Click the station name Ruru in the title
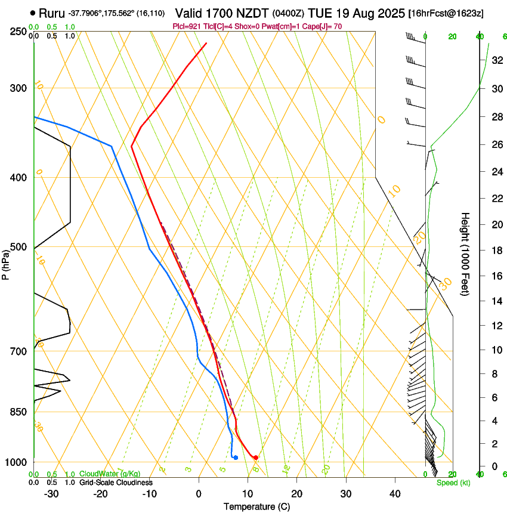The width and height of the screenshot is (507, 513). [x=52, y=13]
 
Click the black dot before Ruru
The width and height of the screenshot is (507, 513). [x=32, y=13]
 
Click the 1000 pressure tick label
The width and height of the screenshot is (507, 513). [x=14, y=462]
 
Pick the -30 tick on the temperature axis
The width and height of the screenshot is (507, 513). [x=51, y=494]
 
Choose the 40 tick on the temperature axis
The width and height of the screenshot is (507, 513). [x=394, y=494]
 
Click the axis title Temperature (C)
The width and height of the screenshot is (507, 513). [x=256, y=506]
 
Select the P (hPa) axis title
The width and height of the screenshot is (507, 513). [x=5, y=262]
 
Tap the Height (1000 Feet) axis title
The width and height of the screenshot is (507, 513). [x=465, y=254]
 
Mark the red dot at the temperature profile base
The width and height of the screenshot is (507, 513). [x=255, y=458]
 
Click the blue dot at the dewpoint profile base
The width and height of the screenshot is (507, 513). [x=236, y=458]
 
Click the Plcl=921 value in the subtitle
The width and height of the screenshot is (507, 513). [x=186, y=27]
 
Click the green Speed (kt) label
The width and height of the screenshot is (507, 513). [x=453, y=483]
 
